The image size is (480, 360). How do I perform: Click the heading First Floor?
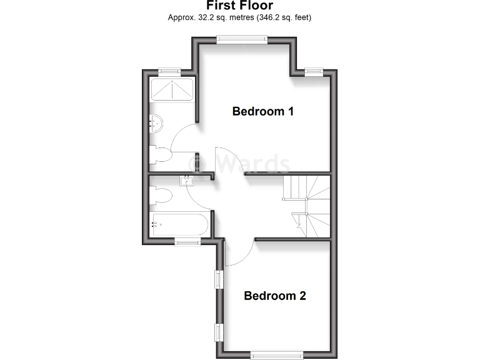click(239, 6)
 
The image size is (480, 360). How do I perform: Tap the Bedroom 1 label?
click(263, 112)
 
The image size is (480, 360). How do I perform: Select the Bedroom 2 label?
click(275, 296)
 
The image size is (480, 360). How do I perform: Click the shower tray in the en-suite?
click(171, 91)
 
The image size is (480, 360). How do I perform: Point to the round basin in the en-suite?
click(156, 123)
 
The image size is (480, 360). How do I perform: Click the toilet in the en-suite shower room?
click(159, 155)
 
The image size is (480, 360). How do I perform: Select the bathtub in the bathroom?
click(179, 224)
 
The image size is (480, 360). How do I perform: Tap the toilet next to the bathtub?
click(161, 196)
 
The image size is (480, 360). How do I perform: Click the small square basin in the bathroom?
click(187, 181)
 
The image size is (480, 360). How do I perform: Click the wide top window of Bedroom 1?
click(242, 39)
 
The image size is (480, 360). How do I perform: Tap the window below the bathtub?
click(187, 242)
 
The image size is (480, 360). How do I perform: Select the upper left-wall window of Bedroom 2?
click(219, 279)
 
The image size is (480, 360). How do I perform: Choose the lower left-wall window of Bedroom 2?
click(219, 332)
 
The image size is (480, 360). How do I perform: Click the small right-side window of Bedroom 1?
click(314, 72)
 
